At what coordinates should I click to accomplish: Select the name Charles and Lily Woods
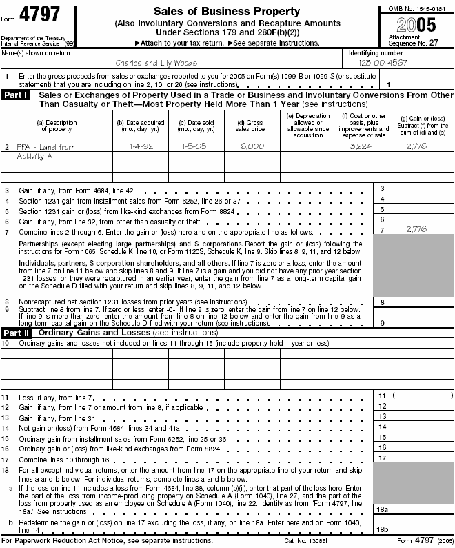pyautogui.click(x=146, y=62)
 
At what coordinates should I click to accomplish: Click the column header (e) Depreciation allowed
pyautogui.click(x=307, y=126)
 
